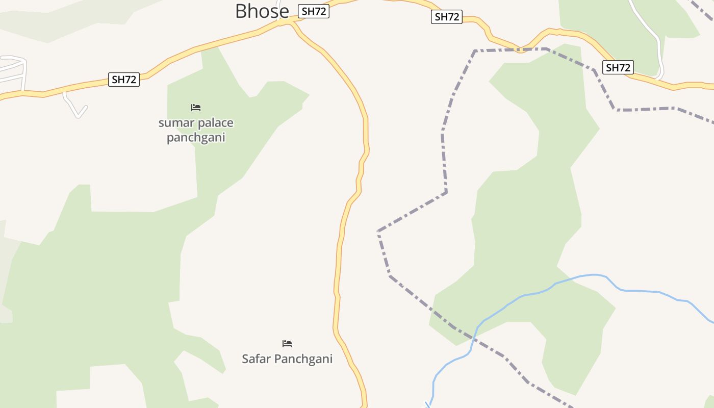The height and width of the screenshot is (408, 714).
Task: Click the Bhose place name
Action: click(262, 11)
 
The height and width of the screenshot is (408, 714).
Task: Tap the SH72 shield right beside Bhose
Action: click(314, 11)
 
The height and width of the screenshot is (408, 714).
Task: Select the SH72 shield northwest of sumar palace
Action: click(124, 79)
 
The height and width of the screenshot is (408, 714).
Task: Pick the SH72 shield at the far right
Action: click(618, 67)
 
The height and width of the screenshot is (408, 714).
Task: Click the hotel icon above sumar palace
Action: click(196, 108)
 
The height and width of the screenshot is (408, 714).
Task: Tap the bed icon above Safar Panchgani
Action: click(287, 344)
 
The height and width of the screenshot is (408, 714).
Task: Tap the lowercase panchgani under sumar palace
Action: click(196, 138)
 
